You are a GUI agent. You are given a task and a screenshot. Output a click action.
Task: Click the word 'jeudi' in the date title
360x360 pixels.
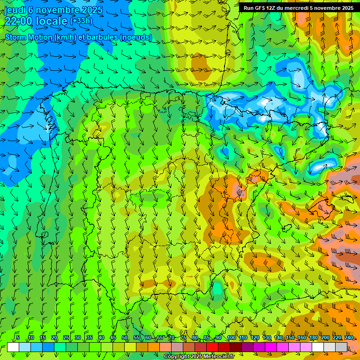(x=14, y=10)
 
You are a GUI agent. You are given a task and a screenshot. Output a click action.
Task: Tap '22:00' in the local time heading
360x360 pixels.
(x=18, y=21)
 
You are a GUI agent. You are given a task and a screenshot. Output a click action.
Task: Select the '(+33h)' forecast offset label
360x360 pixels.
(x=81, y=21)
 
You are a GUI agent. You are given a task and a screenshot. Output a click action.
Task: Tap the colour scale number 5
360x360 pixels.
(x=18, y=337)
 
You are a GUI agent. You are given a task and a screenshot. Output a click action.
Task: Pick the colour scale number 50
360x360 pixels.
(x=125, y=337)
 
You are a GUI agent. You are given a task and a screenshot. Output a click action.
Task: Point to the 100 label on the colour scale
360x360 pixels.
(x=231, y=337)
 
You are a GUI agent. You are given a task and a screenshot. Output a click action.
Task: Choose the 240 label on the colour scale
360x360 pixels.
(x=349, y=337)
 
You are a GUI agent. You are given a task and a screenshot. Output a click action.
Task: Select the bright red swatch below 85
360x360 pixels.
(x=212, y=347)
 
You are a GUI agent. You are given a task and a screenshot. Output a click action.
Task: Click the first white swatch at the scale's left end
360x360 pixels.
(x=13, y=347)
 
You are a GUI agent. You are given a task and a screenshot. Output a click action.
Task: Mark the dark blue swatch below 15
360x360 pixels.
(x=48, y=347)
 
